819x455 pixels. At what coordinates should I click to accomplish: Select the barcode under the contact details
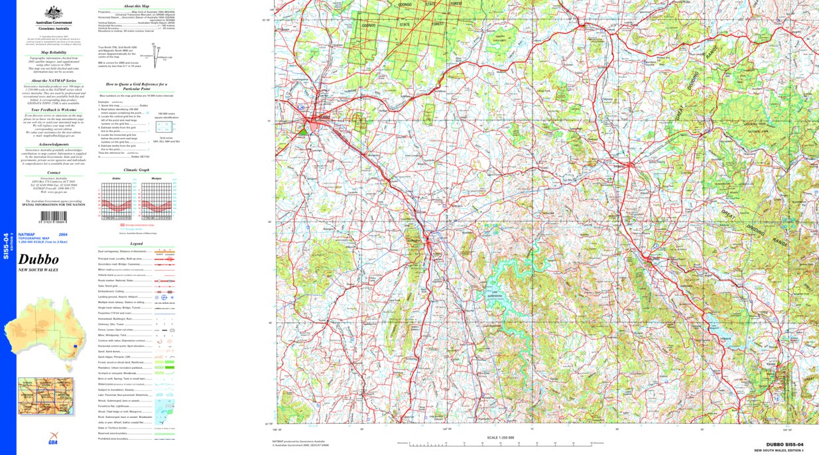click(x=56, y=217)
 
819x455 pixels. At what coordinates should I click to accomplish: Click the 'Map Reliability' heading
click(x=54, y=51)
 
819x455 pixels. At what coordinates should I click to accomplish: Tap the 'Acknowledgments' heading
click(x=54, y=144)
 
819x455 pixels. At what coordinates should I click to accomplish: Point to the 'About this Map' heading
click(x=136, y=5)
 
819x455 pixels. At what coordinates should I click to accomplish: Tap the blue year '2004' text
click(x=62, y=235)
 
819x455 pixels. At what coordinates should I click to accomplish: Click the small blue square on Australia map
click(x=76, y=346)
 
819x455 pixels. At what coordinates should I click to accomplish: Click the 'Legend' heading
click(x=136, y=244)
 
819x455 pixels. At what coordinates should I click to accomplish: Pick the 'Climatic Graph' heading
click(x=136, y=170)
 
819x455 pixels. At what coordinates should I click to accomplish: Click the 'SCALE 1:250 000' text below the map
click(x=501, y=437)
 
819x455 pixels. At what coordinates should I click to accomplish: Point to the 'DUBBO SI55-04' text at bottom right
click(x=785, y=444)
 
